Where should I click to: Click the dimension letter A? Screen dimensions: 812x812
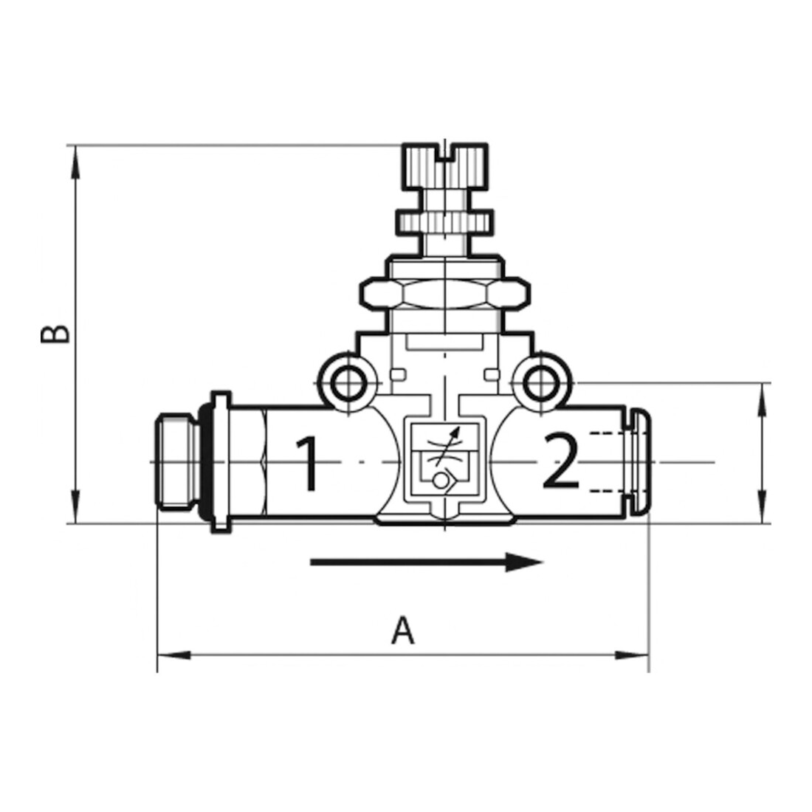[x=403, y=630]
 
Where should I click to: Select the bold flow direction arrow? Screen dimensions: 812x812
[x=427, y=562]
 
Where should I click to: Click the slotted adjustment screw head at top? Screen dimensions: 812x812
[x=445, y=165]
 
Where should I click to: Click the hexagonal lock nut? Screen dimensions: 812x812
[x=445, y=295]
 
